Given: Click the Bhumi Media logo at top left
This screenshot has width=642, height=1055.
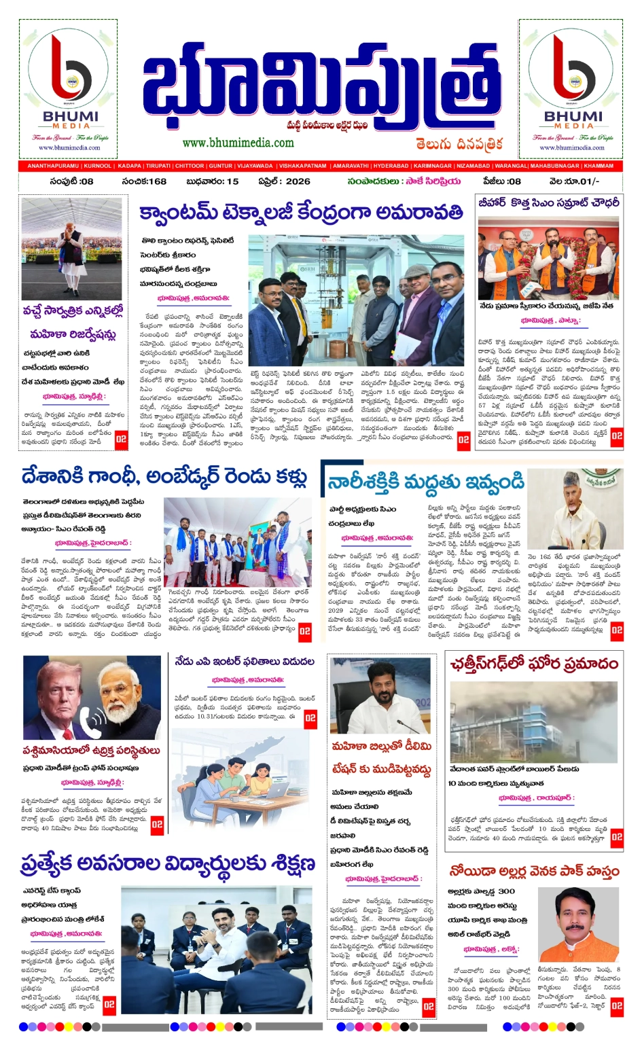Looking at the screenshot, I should [x=69, y=88].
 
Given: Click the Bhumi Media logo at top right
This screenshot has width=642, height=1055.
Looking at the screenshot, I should [x=574, y=88].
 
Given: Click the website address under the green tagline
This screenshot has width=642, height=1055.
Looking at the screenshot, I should [x=238, y=143].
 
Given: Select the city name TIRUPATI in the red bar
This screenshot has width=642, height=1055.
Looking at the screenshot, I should [x=158, y=166].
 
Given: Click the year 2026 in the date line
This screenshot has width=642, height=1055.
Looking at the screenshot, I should [x=298, y=181].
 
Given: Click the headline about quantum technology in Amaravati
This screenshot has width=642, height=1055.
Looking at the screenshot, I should [x=301, y=212].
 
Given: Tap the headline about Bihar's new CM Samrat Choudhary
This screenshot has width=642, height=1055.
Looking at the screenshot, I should [x=548, y=203].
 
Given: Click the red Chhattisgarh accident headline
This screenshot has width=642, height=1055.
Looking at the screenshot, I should [x=534, y=664].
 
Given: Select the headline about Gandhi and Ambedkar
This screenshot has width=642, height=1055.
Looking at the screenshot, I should [x=164, y=477].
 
